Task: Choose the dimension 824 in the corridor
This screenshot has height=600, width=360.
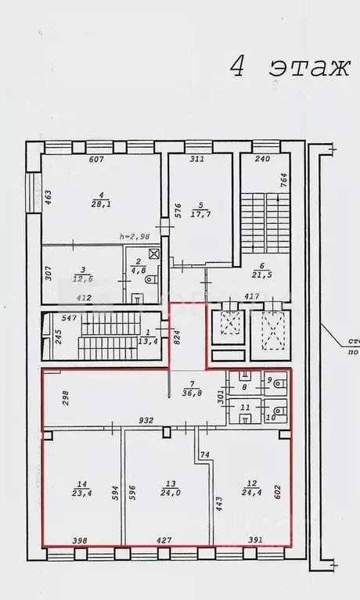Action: (178, 337)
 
